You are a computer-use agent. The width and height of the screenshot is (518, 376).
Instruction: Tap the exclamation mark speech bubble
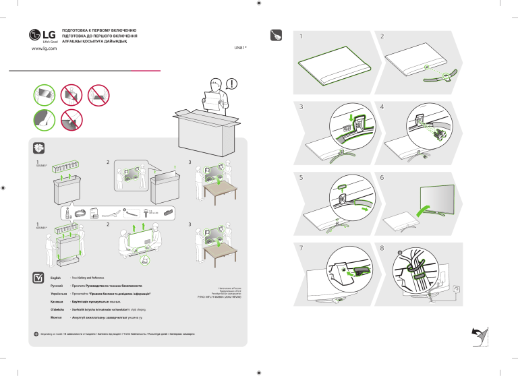[x=232, y=84]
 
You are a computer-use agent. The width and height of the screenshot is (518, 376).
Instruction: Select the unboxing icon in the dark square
[x=39, y=149]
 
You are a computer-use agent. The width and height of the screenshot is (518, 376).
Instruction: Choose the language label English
[x=57, y=278]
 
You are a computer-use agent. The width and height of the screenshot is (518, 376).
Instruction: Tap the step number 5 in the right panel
[x=301, y=178]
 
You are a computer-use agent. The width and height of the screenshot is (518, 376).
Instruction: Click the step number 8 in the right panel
[x=382, y=247]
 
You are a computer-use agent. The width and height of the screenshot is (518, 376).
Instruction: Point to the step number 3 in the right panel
[x=301, y=107]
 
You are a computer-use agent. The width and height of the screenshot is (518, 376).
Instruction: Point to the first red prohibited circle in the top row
[x=69, y=96]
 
